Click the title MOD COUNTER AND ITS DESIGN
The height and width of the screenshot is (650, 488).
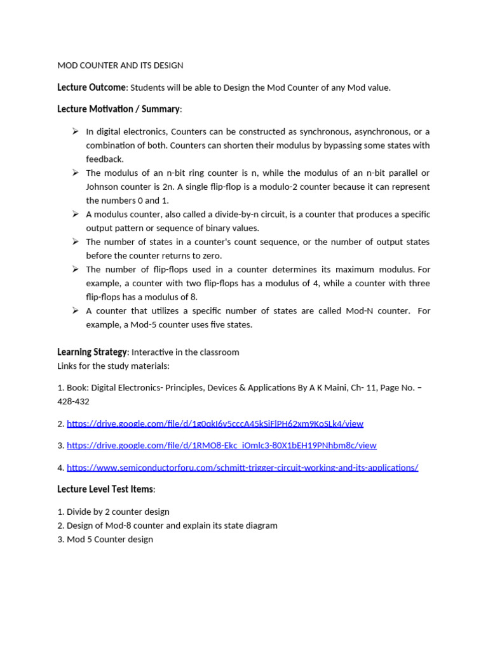click(x=120, y=65)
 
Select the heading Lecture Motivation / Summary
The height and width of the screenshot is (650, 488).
click(x=118, y=109)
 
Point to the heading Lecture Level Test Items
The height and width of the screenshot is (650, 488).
click(x=105, y=489)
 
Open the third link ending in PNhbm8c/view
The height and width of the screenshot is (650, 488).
click(x=221, y=446)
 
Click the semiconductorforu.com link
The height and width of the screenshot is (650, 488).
click(x=242, y=468)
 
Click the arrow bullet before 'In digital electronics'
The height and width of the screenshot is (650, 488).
click(x=74, y=131)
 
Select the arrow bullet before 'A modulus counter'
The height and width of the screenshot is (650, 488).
click(x=74, y=214)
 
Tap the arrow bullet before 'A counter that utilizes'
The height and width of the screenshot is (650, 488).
click(x=74, y=310)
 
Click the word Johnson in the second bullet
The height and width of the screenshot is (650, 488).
click(x=104, y=187)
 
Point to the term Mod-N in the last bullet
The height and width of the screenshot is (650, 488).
click(x=359, y=311)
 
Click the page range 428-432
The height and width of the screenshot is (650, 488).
click(x=73, y=402)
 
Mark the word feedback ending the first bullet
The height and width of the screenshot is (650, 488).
click(x=105, y=159)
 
